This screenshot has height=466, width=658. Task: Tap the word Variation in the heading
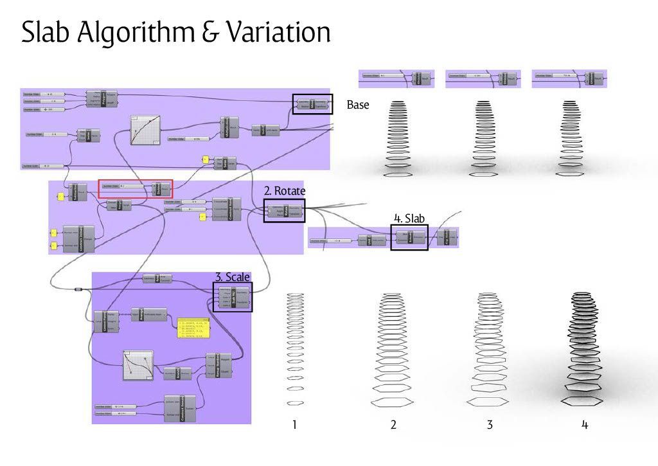coord(278,32)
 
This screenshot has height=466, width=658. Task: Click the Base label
coord(358,105)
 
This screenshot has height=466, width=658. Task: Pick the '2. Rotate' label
coord(285,191)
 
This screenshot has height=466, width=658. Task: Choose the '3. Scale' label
coord(233,277)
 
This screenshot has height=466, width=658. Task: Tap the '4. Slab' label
coord(409,219)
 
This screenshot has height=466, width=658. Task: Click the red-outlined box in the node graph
coord(136,189)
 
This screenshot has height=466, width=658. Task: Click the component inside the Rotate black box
coord(284,211)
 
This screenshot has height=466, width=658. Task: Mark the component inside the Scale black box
coord(233,297)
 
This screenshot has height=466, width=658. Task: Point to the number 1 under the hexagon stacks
coord(294,425)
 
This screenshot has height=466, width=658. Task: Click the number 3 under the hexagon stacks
coord(490,425)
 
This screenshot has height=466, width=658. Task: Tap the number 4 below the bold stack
coord(585,425)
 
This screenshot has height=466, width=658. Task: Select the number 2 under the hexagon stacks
coord(393,425)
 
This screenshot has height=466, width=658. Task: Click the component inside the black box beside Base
coord(312,104)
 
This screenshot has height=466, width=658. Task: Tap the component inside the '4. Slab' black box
coord(409,237)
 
